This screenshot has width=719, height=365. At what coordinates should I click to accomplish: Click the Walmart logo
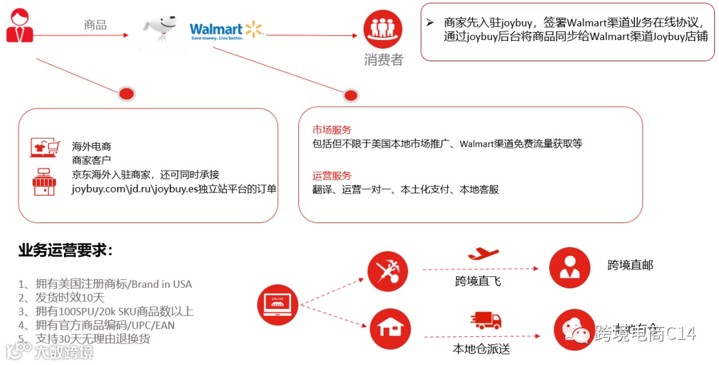click(x=226, y=31)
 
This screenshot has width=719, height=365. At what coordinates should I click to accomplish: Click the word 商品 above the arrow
click(x=95, y=25)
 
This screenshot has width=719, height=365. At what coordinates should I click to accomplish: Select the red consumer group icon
click(x=383, y=29)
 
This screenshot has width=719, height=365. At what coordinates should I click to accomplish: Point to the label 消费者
click(x=383, y=60)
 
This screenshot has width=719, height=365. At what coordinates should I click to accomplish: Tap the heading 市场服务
click(x=332, y=130)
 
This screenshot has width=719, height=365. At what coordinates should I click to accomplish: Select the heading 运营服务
click(x=332, y=176)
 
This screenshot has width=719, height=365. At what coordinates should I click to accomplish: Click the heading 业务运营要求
click(x=65, y=251)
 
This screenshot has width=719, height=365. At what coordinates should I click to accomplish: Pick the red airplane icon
click(x=483, y=254)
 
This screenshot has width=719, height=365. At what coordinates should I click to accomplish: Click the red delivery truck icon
click(x=485, y=321)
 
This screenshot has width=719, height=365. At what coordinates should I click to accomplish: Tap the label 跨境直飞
click(x=477, y=281)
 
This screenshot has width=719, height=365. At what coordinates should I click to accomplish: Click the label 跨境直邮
click(x=630, y=265)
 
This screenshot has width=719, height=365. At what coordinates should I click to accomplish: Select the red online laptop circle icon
click(x=278, y=304)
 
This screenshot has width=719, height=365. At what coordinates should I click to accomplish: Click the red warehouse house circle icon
click(x=387, y=329)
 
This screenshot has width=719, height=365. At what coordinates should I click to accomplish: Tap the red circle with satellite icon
click(x=387, y=271)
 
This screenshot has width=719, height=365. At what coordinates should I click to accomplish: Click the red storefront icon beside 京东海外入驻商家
click(x=44, y=182)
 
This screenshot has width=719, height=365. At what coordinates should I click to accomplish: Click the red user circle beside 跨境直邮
click(x=570, y=267)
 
